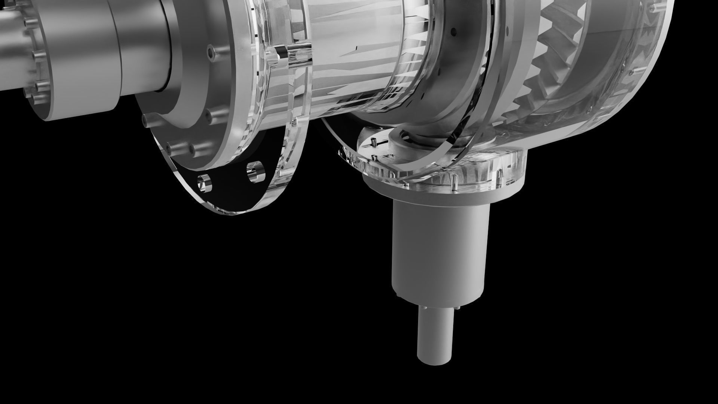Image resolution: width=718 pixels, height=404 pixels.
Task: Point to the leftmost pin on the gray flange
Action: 147,119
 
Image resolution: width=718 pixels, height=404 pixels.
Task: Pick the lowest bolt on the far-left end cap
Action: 36,98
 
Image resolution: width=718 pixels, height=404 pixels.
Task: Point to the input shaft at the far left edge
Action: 9,49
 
